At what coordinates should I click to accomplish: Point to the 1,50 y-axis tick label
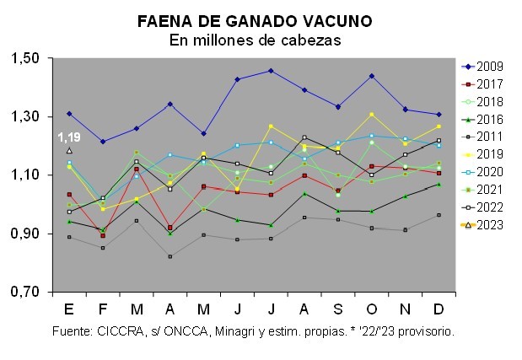(25, 58)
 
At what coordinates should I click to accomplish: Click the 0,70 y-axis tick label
(25, 292)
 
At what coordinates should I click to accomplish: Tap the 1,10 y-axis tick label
(25, 175)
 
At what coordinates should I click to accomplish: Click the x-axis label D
(439, 307)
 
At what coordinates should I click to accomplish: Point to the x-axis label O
(371, 307)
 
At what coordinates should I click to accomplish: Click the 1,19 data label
(69, 137)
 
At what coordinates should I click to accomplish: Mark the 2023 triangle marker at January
(69, 150)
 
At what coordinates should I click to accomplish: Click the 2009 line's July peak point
(271, 71)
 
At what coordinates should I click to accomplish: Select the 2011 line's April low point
(170, 256)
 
